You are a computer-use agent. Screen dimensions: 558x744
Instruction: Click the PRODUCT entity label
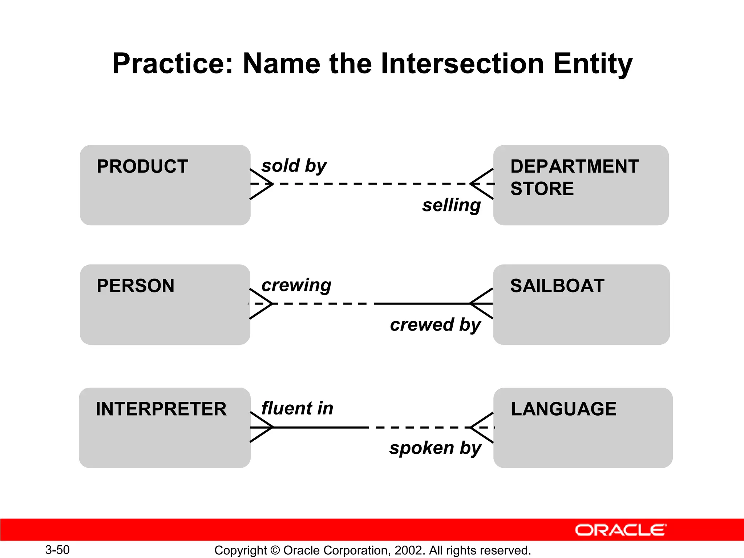click(x=142, y=166)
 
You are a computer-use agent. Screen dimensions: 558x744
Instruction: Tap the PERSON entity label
click(x=135, y=286)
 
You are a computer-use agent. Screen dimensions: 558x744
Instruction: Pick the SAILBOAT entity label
click(x=557, y=286)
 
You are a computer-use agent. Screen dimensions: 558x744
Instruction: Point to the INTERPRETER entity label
click(x=161, y=409)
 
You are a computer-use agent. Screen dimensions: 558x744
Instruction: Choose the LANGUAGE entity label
click(x=563, y=409)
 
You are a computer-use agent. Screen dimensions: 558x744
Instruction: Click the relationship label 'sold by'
click(x=294, y=166)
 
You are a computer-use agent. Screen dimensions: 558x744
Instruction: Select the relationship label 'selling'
click(x=451, y=205)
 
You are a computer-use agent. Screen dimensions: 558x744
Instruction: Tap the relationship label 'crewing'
click(x=296, y=285)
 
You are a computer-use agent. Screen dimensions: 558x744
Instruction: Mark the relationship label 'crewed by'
click(x=435, y=325)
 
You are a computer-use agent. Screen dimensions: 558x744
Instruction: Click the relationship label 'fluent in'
click(x=297, y=408)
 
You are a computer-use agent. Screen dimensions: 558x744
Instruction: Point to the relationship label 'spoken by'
click(x=435, y=448)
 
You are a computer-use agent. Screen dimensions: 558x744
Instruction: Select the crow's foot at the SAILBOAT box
click(x=482, y=303)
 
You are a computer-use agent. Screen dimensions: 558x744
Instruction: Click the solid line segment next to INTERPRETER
click(x=320, y=427)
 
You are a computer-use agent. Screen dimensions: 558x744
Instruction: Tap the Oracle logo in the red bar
click(x=620, y=530)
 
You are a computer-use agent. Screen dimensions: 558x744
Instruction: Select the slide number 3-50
click(x=57, y=550)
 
